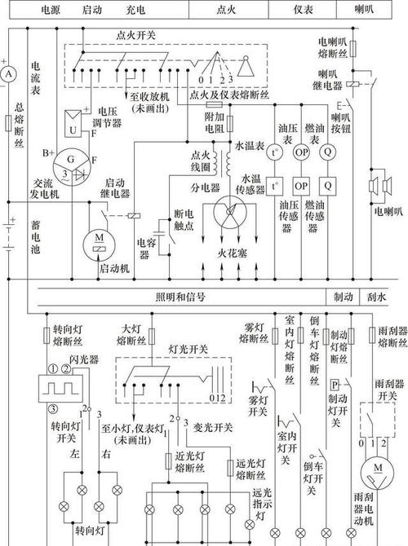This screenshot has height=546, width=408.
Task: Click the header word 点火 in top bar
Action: (x=224, y=10)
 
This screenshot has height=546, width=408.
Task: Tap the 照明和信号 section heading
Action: (x=180, y=297)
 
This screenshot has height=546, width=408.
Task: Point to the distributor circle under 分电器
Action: (x=229, y=218)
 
